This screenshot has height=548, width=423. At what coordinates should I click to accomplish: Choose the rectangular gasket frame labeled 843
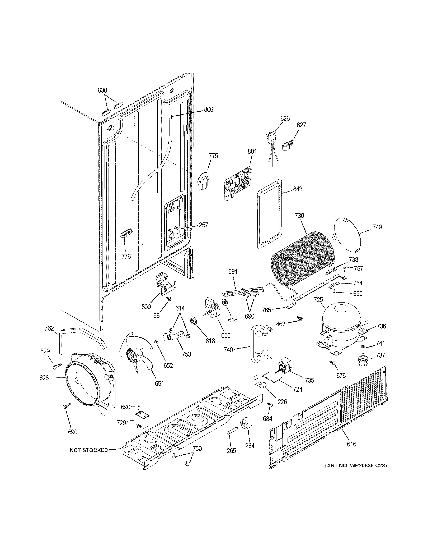(269, 213)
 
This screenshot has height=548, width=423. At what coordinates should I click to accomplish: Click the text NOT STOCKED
(89, 450)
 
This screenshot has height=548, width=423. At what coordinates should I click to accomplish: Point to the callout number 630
(102, 90)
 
